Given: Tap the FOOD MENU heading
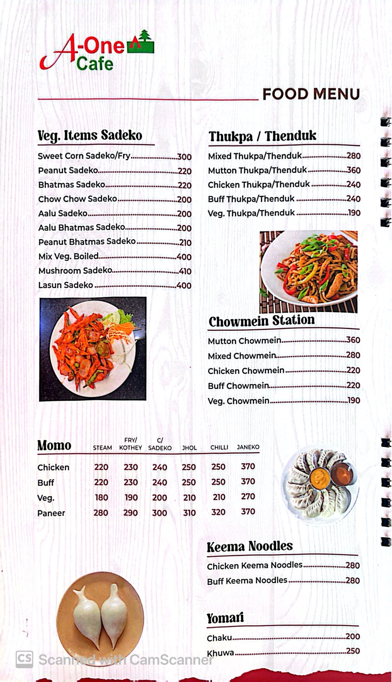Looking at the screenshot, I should click(x=311, y=94).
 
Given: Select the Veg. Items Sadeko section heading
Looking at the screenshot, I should click(x=90, y=135).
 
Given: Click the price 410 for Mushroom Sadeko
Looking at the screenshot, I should click(x=185, y=271).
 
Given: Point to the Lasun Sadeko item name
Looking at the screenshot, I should click(x=65, y=285).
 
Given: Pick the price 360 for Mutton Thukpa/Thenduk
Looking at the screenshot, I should click(x=353, y=170).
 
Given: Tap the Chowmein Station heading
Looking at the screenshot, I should click(x=261, y=321).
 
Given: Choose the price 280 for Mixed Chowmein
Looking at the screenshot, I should click(x=353, y=355).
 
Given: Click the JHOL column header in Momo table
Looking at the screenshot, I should click(x=189, y=448).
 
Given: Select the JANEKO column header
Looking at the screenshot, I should click(x=248, y=447).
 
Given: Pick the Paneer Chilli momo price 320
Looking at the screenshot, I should click(x=218, y=512).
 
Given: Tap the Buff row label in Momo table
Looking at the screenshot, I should click(x=46, y=483).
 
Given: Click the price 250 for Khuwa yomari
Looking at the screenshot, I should click(x=353, y=651).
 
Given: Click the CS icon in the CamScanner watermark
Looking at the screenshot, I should click(x=24, y=659).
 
